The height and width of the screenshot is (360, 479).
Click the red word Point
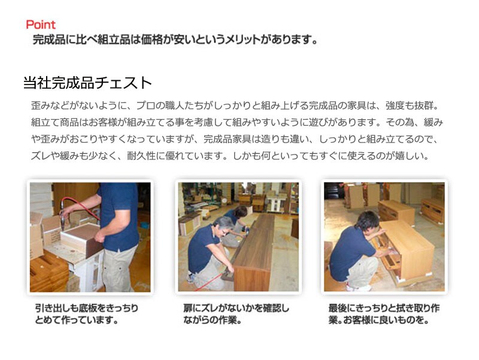(41, 25)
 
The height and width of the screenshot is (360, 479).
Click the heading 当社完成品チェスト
(87, 83)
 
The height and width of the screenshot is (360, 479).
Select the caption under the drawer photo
(86, 314)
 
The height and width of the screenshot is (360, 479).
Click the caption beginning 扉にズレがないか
(236, 314)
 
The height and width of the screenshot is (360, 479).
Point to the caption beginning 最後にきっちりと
(384, 314)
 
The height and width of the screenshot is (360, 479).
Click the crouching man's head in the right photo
(368, 220)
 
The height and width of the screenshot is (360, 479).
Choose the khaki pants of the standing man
(118, 269)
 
